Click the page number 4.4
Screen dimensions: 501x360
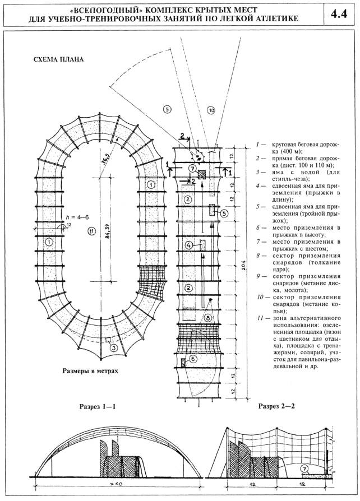[340, 15]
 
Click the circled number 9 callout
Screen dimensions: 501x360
[167, 109]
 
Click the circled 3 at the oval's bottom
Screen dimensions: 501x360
[114, 347]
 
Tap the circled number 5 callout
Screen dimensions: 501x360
[224, 214]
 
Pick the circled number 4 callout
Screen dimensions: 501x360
[189, 245]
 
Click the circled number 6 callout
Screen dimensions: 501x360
[193, 359]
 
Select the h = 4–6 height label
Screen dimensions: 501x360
[58, 219]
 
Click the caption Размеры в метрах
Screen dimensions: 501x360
[94, 371]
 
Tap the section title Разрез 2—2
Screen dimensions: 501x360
[280, 405]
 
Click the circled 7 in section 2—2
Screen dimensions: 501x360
[304, 467]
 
